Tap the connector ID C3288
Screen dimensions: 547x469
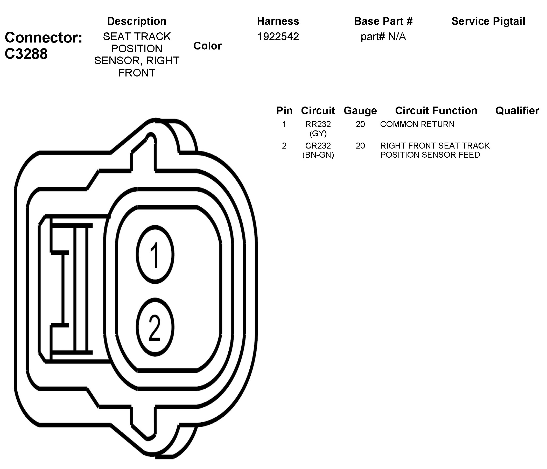tap(26, 54)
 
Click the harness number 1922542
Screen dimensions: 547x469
tap(278, 37)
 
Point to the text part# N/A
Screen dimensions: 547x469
tap(383, 37)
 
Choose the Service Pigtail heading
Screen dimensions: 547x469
tap(488, 21)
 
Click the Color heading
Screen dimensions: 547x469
tap(207, 46)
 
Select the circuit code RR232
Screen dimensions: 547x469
tap(318, 124)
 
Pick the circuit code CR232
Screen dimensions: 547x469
tap(318, 145)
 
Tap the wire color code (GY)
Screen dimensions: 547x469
tap(318, 133)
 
